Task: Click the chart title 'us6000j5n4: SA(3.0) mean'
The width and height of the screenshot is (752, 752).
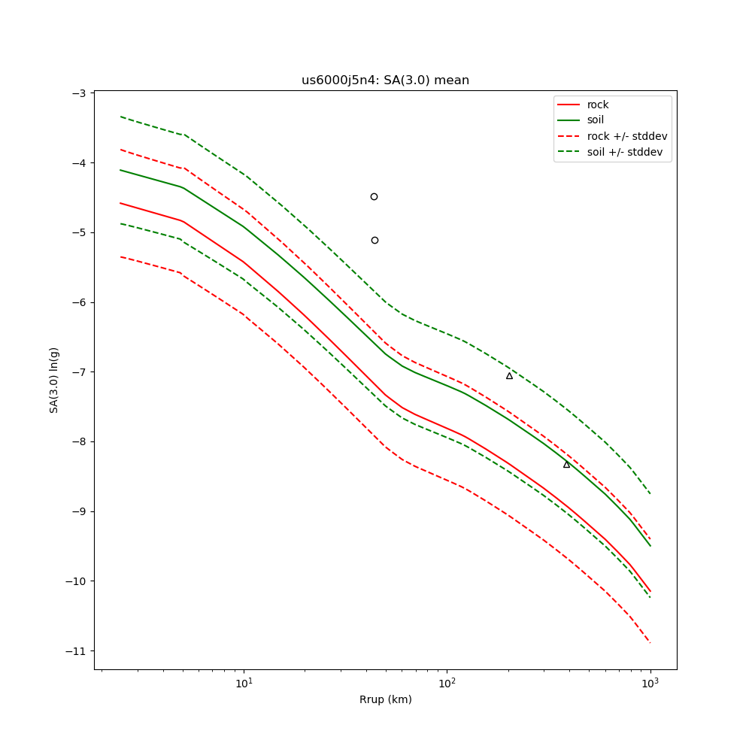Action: [x=385, y=80]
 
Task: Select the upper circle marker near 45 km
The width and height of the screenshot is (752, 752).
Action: [x=374, y=196]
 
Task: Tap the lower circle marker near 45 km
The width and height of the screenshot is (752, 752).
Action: [x=374, y=240]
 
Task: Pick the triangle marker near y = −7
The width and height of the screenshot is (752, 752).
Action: [x=509, y=375]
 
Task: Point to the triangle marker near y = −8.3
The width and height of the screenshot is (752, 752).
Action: [x=566, y=464]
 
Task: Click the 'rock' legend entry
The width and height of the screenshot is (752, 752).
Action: [x=598, y=105]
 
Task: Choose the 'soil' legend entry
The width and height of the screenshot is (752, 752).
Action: [x=595, y=120]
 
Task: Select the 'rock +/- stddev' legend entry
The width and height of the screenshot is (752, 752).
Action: [x=627, y=136]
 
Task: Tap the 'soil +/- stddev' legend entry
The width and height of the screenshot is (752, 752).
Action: [x=627, y=151]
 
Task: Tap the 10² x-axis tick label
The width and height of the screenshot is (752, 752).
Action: [x=447, y=683]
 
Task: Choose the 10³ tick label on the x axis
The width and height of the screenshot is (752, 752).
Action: [x=650, y=683]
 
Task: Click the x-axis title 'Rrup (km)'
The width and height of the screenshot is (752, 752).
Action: [x=385, y=700]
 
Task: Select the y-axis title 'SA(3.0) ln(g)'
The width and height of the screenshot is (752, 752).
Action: [x=54, y=380]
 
